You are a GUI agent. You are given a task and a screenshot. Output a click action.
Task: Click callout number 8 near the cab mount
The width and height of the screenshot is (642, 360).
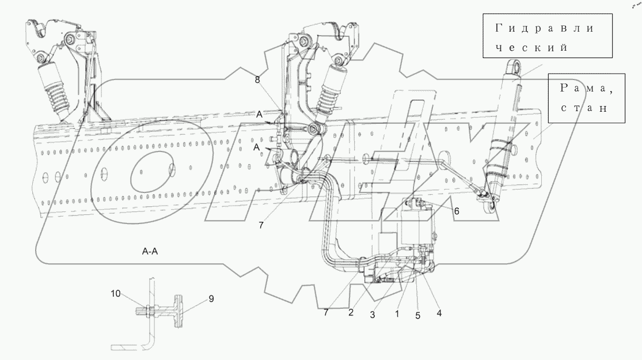tap(257, 80)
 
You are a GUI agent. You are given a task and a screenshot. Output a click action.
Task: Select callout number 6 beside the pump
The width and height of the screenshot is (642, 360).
tap(457, 211)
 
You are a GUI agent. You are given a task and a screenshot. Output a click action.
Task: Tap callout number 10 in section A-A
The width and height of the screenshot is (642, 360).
tap(116, 294)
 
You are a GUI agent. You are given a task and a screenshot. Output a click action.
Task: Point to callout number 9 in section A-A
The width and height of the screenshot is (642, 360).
tap(211, 299)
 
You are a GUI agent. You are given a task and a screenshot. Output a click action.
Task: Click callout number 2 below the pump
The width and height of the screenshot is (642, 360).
tap(351, 313)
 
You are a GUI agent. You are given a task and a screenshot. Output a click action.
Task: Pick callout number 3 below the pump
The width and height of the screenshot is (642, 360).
tap(373, 315)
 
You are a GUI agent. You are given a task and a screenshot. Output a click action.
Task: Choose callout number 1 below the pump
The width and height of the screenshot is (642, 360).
tap(397, 314)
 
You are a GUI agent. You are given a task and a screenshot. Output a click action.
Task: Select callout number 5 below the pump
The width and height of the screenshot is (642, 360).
tap(417, 316)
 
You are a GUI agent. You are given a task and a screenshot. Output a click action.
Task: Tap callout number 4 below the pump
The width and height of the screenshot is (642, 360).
tap(439, 313)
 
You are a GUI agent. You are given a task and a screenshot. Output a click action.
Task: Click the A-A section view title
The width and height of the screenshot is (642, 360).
tap(150, 252)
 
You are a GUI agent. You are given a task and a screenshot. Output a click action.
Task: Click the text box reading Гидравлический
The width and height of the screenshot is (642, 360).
tap(548, 36)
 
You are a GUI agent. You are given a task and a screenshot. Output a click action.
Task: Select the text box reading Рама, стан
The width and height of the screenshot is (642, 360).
tap(587, 98)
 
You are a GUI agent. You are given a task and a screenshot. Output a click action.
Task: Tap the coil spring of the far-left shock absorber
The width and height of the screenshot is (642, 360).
tap(56, 96)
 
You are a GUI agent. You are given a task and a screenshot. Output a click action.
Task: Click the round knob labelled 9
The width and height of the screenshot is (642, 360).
tap(178, 311)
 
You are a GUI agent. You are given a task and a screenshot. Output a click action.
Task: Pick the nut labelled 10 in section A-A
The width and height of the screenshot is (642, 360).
tap(147, 311)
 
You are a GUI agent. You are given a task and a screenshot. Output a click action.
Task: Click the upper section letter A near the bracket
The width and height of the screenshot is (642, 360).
tap(259, 115)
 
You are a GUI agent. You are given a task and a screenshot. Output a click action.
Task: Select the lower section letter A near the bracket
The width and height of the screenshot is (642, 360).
tap(256, 147)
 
